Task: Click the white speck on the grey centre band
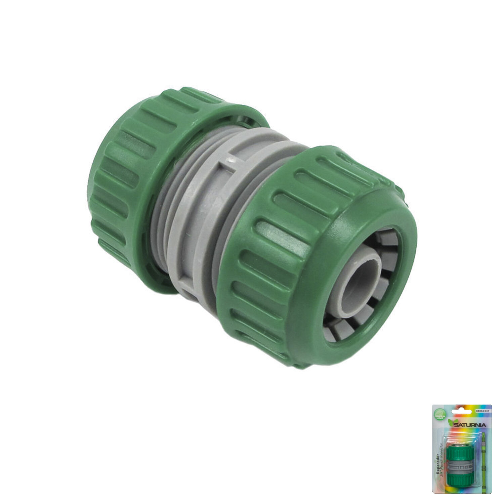(229, 161)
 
